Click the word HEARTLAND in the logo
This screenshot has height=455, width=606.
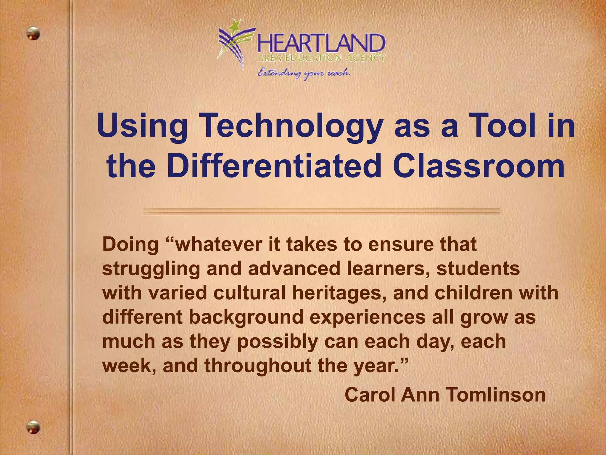321,44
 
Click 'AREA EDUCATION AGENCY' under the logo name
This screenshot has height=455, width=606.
321,58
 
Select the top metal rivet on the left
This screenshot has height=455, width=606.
33,33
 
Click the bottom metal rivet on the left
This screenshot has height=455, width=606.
33,427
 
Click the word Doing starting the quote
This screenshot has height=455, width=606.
130,245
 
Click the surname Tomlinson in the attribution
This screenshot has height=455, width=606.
495,395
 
